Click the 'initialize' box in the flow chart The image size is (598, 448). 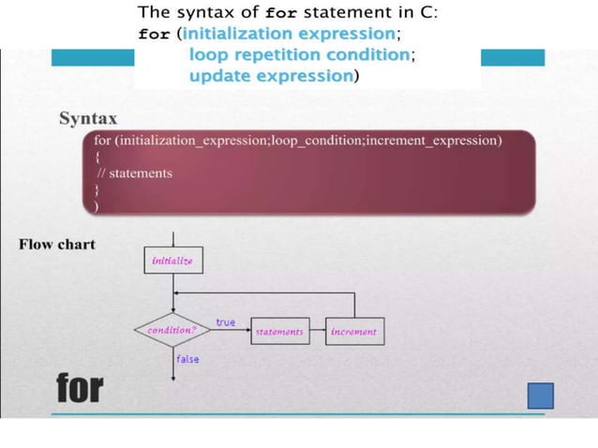(x=172, y=261)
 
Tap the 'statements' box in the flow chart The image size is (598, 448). (x=279, y=332)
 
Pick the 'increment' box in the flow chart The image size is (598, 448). (x=353, y=332)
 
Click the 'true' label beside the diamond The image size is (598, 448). (x=226, y=322)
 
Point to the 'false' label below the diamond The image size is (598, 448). (x=187, y=359)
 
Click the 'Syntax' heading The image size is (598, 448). (x=88, y=119)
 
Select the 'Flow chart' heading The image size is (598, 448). (x=57, y=245)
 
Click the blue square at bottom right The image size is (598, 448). (x=540, y=396)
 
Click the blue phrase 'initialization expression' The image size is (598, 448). (x=290, y=34)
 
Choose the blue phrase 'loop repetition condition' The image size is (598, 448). (x=299, y=54)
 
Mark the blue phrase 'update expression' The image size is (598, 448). (x=270, y=75)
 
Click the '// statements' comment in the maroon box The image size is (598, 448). (x=134, y=172)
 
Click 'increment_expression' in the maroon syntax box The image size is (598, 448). (x=432, y=141)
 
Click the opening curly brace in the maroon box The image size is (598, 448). (x=98, y=157)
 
